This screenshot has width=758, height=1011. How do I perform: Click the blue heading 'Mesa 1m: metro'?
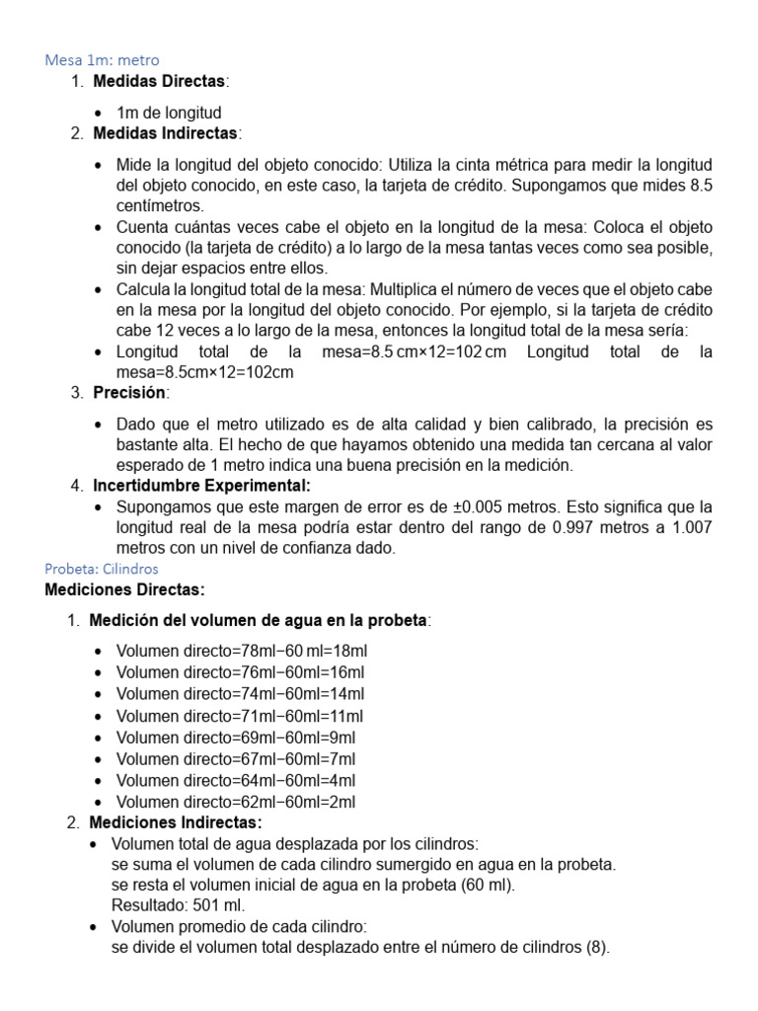(102, 60)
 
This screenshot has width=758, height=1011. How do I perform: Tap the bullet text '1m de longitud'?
(169, 113)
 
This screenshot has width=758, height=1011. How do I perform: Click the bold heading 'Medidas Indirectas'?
(166, 132)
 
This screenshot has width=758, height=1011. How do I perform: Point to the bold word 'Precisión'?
(130, 393)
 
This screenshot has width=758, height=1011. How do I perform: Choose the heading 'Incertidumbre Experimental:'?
(201, 485)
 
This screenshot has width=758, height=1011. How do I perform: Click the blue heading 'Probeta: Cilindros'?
(102, 569)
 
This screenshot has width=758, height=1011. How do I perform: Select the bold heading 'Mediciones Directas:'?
(125, 589)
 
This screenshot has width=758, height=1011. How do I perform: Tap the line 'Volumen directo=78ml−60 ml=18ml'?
(242, 651)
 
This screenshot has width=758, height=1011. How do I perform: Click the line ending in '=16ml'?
(240, 672)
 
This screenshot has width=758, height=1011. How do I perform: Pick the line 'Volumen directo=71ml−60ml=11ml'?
(240, 716)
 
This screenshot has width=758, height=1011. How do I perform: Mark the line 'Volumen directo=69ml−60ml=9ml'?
(236, 738)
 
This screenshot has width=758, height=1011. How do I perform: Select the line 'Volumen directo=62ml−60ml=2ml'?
(236, 802)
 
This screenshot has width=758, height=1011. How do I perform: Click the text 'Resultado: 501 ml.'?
(178, 904)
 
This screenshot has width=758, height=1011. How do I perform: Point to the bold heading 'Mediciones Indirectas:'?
(176, 822)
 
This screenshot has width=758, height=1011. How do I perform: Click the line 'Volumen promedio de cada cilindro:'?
(239, 927)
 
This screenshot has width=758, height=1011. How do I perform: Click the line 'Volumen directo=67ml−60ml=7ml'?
(236, 759)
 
